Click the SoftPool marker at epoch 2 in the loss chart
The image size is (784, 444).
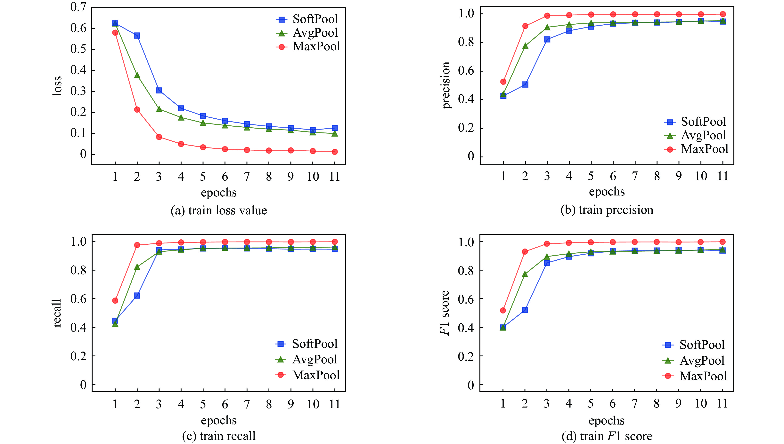137,36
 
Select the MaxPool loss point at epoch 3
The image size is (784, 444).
159,137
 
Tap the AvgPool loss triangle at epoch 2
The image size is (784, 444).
137,75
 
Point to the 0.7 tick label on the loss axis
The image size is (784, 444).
78,7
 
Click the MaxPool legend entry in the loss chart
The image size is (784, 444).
308,47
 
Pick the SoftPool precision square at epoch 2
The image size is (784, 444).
525,84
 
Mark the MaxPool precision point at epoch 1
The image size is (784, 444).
503,82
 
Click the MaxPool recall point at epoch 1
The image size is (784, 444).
115,301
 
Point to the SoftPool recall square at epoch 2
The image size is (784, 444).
137,296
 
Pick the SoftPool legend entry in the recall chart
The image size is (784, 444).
307,344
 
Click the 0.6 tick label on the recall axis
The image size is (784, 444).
78,299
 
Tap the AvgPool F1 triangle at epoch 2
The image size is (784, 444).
525,274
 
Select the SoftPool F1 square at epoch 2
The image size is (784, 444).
525,310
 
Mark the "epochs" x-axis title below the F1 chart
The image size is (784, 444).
606,421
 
